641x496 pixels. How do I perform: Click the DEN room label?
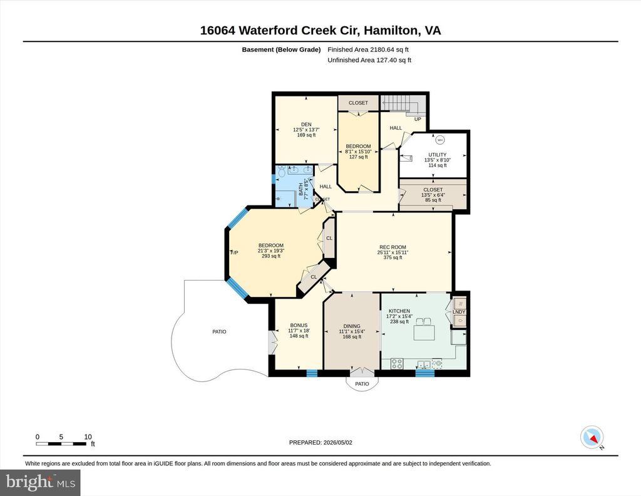(x=306, y=124)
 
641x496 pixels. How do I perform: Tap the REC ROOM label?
(x=392, y=247)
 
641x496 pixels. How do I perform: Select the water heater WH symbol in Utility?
(x=440, y=140)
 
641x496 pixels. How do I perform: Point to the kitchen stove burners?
(x=396, y=363)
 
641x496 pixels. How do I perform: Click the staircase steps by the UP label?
(x=395, y=103)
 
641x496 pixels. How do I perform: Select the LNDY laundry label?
(x=459, y=312)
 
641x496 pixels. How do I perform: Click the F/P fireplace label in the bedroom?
(x=234, y=253)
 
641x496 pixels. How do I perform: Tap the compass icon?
(x=592, y=438)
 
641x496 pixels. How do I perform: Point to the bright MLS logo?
(x=40, y=482)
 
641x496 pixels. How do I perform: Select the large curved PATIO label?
(x=219, y=332)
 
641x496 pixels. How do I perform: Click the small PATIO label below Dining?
(x=362, y=384)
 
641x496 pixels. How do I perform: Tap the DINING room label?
(x=352, y=326)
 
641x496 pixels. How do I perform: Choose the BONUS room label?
(x=299, y=326)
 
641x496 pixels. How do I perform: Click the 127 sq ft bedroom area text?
(x=359, y=157)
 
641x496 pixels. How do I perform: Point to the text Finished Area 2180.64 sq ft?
(x=368, y=49)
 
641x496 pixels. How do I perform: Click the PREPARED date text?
(x=320, y=442)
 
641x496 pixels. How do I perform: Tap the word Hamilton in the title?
(x=391, y=31)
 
